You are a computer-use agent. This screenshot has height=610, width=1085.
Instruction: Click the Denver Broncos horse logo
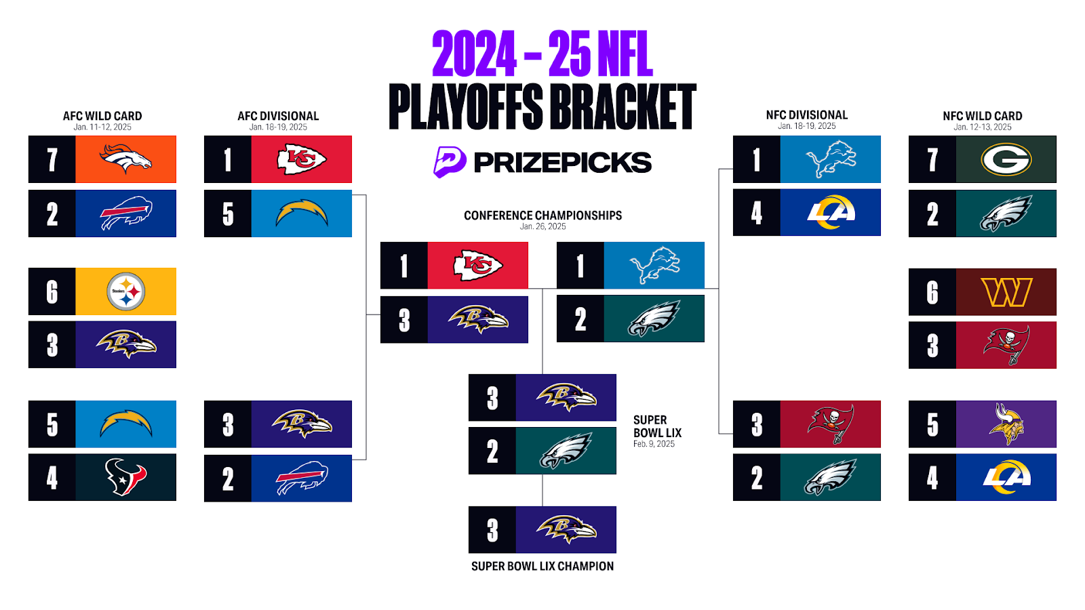(x=125, y=159)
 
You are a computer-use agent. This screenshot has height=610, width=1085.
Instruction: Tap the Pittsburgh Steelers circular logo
(x=126, y=291)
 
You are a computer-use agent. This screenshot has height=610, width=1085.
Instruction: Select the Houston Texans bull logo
(x=125, y=477)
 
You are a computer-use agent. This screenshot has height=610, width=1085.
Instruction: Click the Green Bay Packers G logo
(x=1006, y=159)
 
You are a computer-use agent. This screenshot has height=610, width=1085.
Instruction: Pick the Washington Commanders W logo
(x=1006, y=292)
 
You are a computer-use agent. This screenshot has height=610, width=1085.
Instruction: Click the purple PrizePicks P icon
(x=449, y=162)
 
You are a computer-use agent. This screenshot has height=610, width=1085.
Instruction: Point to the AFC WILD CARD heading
(x=102, y=116)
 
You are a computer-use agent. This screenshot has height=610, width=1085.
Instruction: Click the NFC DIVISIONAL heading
(x=806, y=115)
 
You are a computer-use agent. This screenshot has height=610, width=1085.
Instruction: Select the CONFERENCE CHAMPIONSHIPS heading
(x=542, y=216)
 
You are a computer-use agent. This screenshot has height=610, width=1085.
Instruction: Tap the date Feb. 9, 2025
(x=654, y=444)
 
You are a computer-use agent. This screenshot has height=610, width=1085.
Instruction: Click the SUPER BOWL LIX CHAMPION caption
(x=542, y=566)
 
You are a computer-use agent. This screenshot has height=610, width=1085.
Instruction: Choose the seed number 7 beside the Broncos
(x=52, y=160)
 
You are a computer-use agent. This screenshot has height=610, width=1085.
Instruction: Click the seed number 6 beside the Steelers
(x=52, y=292)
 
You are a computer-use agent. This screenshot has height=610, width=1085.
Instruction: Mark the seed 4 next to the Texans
(x=52, y=478)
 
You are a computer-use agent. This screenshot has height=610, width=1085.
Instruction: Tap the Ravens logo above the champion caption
(x=566, y=529)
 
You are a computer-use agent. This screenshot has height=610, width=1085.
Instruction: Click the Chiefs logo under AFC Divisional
(x=301, y=159)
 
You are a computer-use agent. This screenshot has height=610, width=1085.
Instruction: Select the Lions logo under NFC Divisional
(x=831, y=159)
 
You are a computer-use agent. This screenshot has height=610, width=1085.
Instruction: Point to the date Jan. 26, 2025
(x=542, y=226)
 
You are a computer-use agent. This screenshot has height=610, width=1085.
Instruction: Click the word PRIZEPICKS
(x=562, y=162)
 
